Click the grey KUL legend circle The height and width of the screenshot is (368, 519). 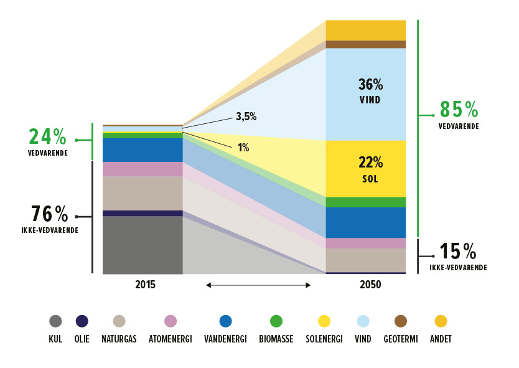tap(55, 321)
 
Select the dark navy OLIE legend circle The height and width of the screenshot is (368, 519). tap(82, 321)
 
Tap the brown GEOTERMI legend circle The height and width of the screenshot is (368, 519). tap(401, 321)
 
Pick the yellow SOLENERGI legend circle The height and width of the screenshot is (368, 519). tap(324, 321)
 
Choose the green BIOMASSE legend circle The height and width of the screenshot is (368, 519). tap(276, 321)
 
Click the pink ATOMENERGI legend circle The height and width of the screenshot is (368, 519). tap(171, 321)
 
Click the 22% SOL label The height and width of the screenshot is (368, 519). tap(370, 169)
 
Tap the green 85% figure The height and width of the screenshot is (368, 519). tap(459, 110)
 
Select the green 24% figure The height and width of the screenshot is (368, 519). tap(47, 137)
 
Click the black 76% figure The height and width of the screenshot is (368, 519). tap(49, 214)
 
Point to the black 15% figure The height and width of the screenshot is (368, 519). tap(457, 252)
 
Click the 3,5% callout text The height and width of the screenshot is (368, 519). tap(246, 116)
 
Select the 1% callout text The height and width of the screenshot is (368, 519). tap(243, 148)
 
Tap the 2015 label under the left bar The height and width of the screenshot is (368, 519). tap(145, 285)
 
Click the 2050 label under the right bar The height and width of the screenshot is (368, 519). tap(370, 285)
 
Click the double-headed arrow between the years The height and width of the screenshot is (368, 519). tap(258, 285)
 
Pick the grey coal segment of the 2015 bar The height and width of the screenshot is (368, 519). tap(143, 245)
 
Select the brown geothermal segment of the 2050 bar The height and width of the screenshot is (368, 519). tap(366, 44)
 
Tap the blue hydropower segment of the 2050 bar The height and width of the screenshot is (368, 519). tap(366, 222)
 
